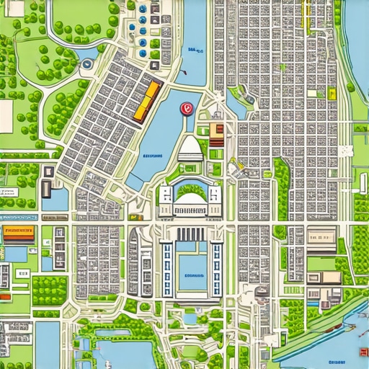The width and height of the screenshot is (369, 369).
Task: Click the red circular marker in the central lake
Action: pos(186,109)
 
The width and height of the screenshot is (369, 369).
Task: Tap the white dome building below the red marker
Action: pos(190,148)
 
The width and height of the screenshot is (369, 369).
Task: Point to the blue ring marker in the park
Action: pos(87,65)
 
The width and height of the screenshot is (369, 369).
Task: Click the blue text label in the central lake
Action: pos(152,156)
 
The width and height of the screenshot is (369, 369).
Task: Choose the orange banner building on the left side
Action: pos(19,231)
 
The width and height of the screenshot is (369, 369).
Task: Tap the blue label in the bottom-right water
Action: pos(336,362)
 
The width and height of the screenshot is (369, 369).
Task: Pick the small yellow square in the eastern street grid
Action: pos(332,94)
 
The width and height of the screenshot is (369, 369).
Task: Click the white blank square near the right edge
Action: pos(346,151)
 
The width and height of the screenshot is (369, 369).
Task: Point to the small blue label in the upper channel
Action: pos(192,50)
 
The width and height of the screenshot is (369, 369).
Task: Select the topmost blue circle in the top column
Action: pos(142,9)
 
